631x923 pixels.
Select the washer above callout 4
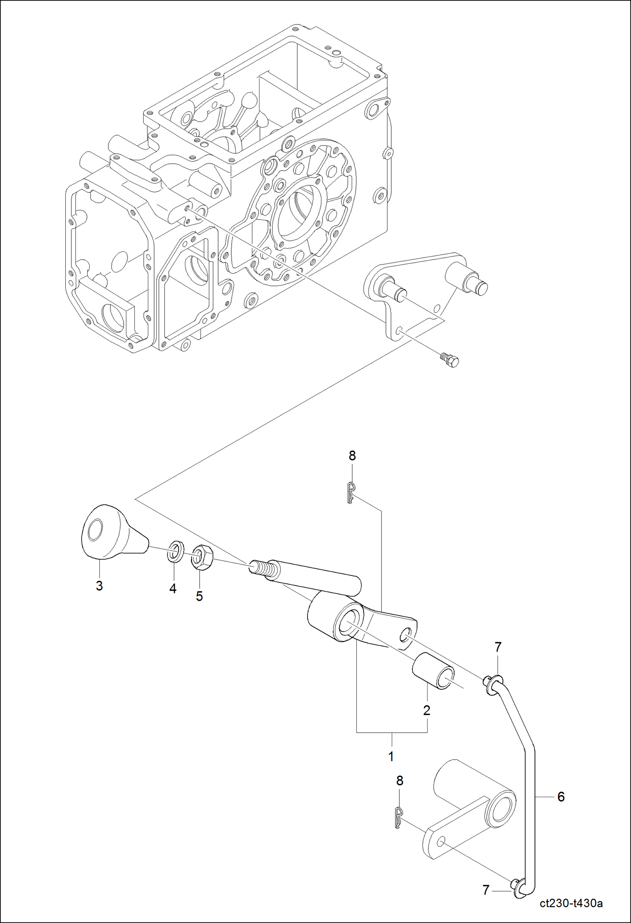pos(175,551)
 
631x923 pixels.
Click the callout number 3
pos(99,585)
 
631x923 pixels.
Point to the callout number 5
pos(199,596)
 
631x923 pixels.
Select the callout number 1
pos(391,756)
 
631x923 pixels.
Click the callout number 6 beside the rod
pos(561,797)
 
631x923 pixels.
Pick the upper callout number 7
pos(498,647)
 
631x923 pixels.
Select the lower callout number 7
pos(486,890)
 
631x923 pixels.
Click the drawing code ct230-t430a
pos(571,903)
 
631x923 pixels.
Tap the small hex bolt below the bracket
pos(450,360)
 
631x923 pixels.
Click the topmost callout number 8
pos(352,455)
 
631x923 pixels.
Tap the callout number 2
pos(427,710)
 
